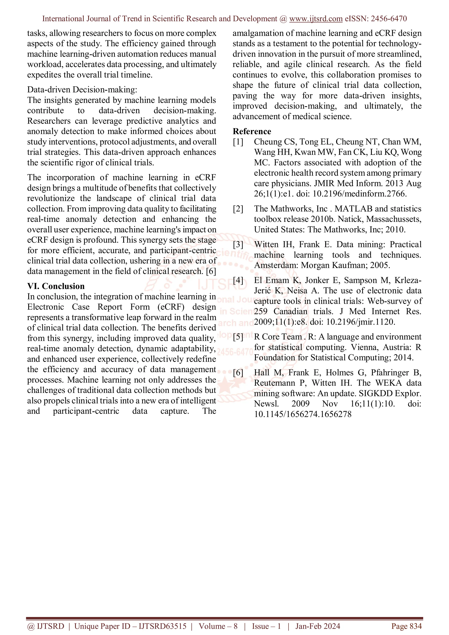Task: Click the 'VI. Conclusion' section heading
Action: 56,286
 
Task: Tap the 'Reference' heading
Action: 252,131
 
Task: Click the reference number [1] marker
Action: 238,142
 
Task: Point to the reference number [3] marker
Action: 238,244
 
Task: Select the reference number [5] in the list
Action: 238,337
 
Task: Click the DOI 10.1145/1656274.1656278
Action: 303,414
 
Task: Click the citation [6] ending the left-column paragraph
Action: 211,271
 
